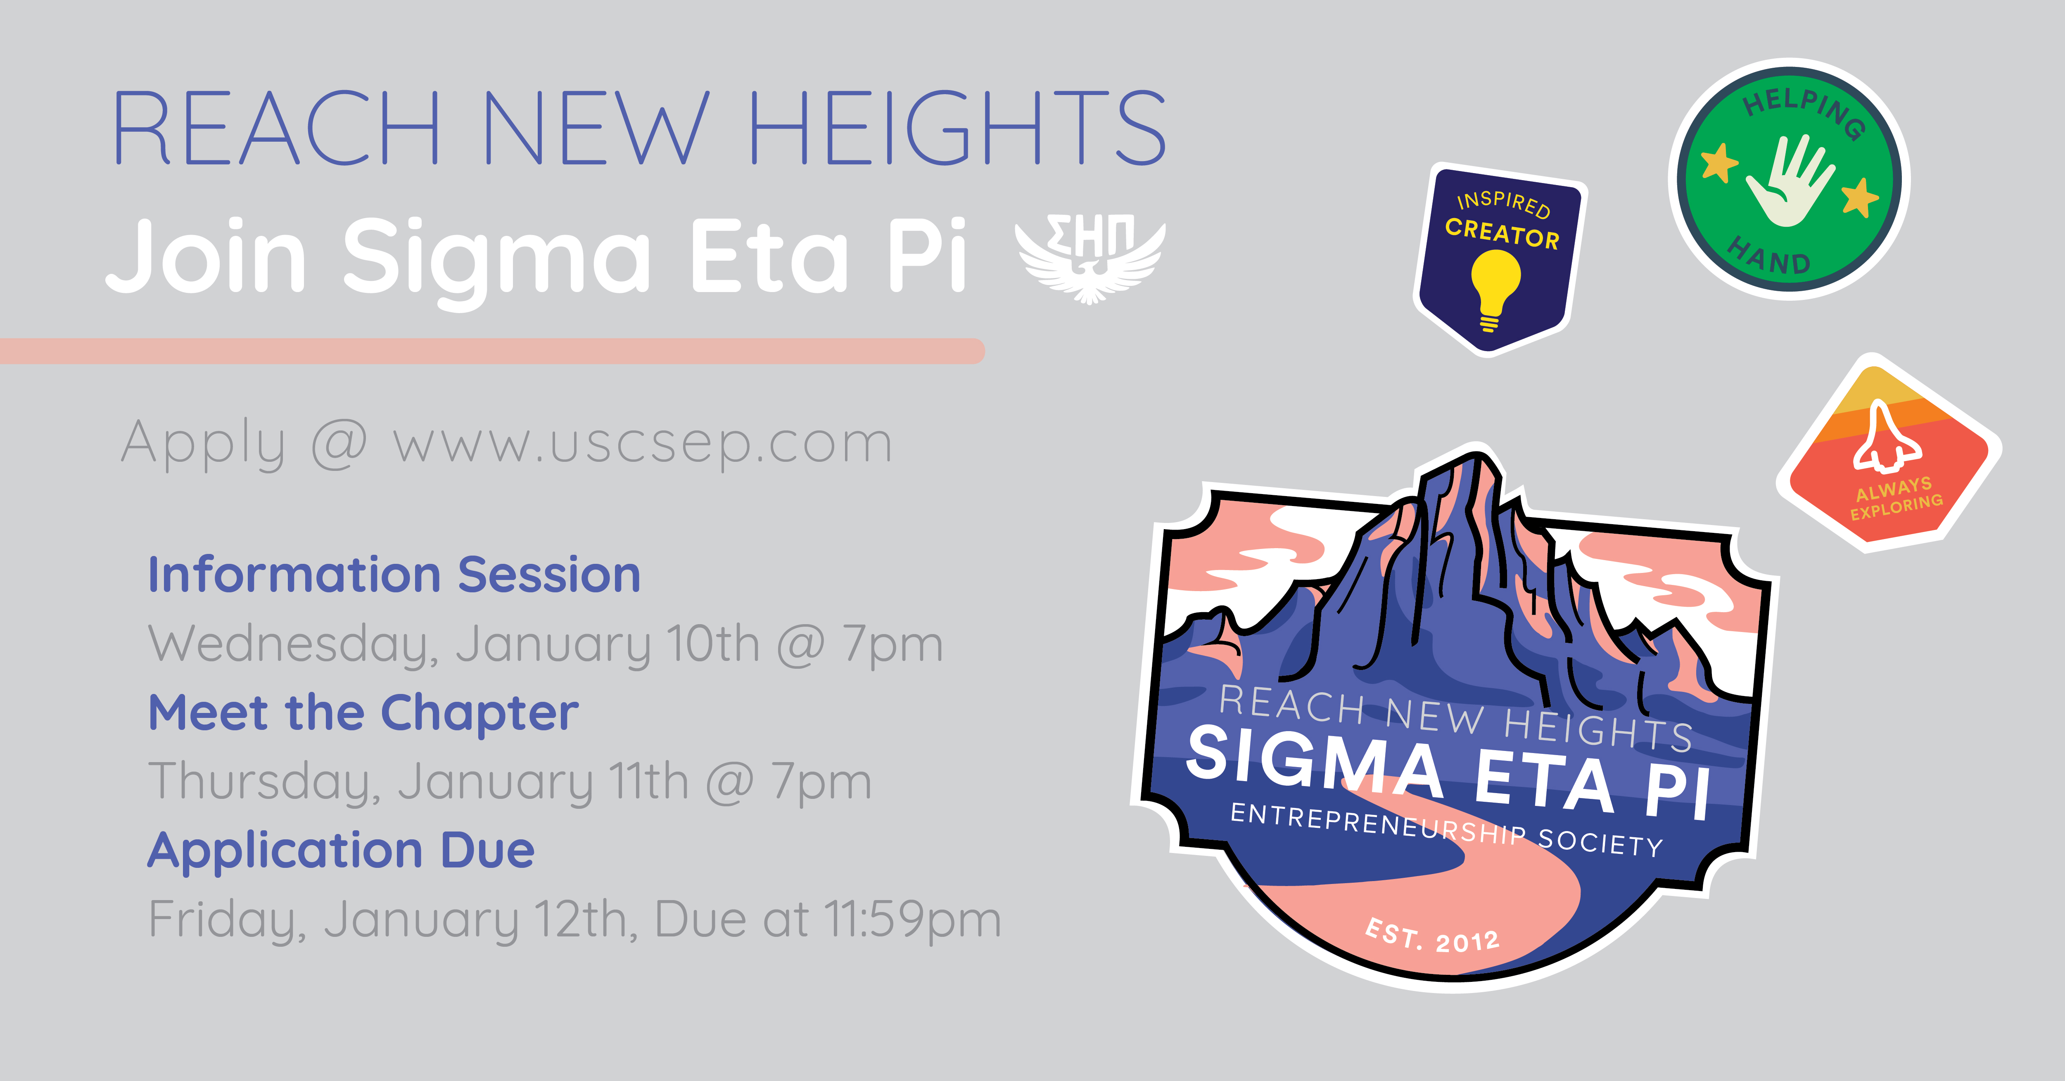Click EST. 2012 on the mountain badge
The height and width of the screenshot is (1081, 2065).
[1432, 936]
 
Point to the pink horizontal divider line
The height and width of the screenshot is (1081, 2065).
[492, 351]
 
